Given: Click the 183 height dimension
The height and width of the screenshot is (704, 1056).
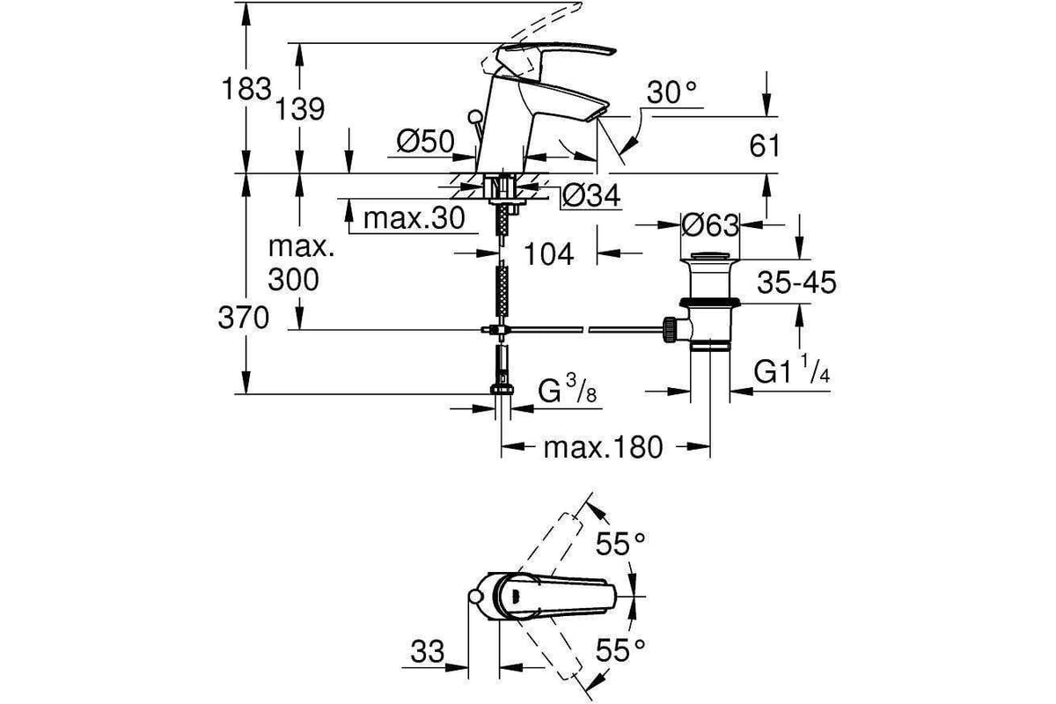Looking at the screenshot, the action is pos(246,89).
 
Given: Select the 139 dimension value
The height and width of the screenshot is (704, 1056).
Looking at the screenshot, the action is pos(299,109).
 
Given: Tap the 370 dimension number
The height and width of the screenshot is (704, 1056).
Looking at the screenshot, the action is pos(243,318).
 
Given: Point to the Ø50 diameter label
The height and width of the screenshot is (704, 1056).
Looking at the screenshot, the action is pos(425,141).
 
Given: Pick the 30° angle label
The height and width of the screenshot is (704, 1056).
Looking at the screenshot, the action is pos(671,92).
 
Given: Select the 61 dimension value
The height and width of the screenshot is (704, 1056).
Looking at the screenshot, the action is pos(765,146).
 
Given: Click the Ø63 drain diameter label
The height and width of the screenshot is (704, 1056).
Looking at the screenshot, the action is pos(710,226).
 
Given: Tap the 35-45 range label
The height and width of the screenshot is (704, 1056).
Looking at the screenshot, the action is pos(796,282).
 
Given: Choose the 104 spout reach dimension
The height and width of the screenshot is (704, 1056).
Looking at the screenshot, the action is pos(549,254).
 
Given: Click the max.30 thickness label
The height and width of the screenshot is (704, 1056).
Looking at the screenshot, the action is pos(414,218).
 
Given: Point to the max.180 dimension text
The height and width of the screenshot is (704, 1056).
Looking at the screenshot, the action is pos(604,448).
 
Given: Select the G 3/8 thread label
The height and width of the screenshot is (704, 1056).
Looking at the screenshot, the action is pos(567,390).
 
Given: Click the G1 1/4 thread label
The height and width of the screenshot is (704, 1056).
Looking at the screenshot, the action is pos(791,370).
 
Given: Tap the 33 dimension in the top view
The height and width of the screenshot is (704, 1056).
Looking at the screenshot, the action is pos(427,652).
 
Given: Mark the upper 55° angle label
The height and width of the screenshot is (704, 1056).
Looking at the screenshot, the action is pos(620,544).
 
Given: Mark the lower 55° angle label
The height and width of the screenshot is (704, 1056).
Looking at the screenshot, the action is pos(620,650).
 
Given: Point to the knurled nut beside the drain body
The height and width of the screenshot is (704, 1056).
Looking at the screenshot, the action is pos(670,330).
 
